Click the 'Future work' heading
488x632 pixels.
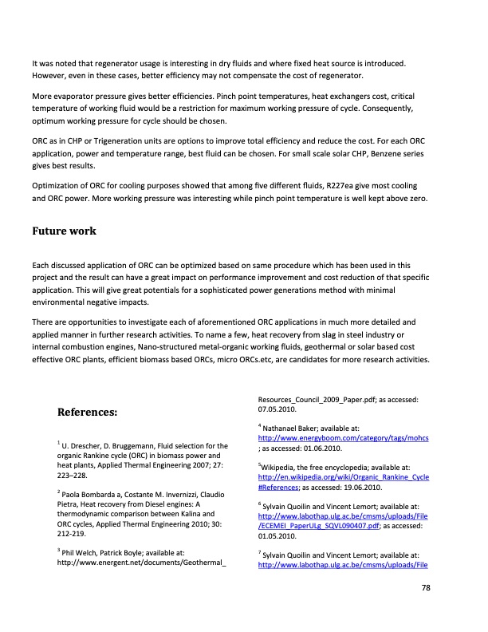(64, 231)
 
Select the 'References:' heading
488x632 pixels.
(88, 413)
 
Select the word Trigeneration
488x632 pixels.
(114, 137)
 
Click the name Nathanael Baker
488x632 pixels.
(293, 428)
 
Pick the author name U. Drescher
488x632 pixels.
(83, 445)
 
